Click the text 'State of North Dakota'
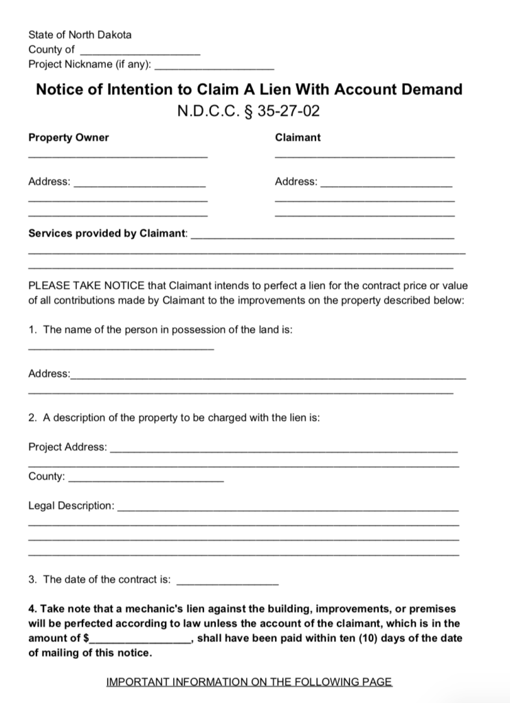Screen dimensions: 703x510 point(80,34)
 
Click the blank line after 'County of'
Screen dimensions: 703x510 point(140,53)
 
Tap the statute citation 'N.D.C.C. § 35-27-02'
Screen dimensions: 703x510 point(249,111)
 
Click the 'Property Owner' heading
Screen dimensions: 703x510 point(69,137)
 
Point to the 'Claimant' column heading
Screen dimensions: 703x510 point(298,137)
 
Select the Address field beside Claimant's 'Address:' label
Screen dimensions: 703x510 point(386,186)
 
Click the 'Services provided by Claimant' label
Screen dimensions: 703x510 point(107,233)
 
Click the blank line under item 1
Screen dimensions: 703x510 point(121,349)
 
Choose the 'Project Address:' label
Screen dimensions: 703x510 point(67,447)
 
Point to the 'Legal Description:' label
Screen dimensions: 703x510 point(71,506)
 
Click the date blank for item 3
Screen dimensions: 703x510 point(228,583)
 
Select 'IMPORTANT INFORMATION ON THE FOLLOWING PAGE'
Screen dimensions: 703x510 point(249,682)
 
